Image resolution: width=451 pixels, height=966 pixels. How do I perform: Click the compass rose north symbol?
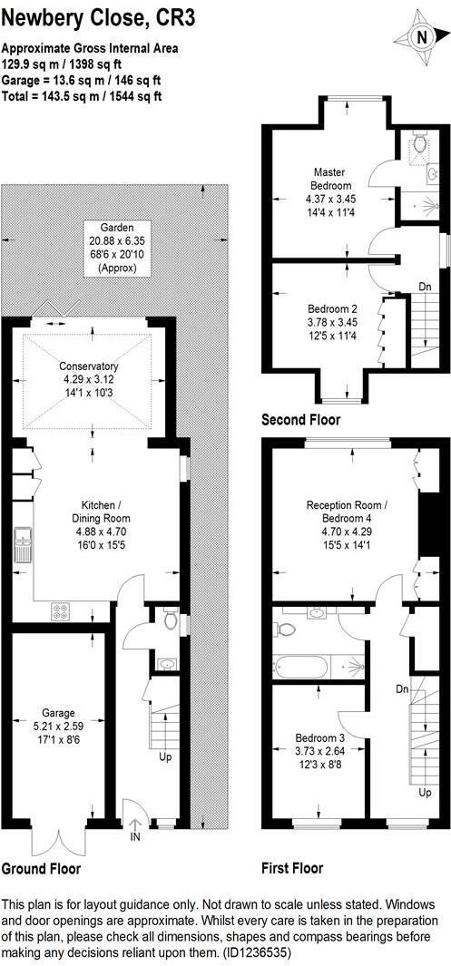tap(420, 37)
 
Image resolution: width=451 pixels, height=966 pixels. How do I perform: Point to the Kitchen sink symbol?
tap(22, 547)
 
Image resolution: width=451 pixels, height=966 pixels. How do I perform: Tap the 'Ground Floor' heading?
tap(41, 868)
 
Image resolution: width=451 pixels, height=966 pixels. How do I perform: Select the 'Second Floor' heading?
tap(300, 419)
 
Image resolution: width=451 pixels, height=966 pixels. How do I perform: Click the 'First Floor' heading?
tap(291, 868)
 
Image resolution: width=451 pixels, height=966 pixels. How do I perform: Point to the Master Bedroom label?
tap(332, 191)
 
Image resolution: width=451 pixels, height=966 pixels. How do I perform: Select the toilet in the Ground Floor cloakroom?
tap(172, 621)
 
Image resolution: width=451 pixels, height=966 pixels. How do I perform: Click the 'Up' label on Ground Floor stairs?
tap(164, 756)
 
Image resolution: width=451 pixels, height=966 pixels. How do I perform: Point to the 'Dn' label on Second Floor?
tap(425, 287)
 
